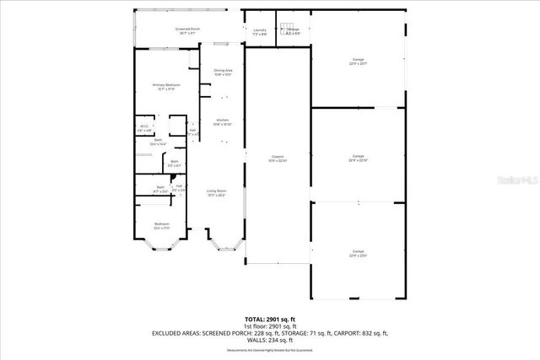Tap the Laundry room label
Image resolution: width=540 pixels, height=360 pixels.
(x=260, y=32)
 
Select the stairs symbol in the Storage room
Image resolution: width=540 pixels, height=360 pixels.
(x=286, y=27)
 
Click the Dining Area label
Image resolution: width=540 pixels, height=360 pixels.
(x=223, y=73)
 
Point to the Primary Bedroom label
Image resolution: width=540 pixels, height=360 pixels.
(x=167, y=87)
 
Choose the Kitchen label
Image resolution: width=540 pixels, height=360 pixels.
(x=223, y=122)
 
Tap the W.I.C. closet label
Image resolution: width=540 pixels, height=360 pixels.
(x=144, y=129)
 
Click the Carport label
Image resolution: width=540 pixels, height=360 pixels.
(x=277, y=158)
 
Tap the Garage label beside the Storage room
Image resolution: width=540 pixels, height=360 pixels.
(x=358, y=61)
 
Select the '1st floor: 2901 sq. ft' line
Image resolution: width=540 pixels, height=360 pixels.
(x=270, y=326)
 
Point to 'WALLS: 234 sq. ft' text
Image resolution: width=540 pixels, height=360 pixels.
(x=270, y=340)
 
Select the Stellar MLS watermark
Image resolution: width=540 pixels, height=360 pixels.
(x=519, y=180)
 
